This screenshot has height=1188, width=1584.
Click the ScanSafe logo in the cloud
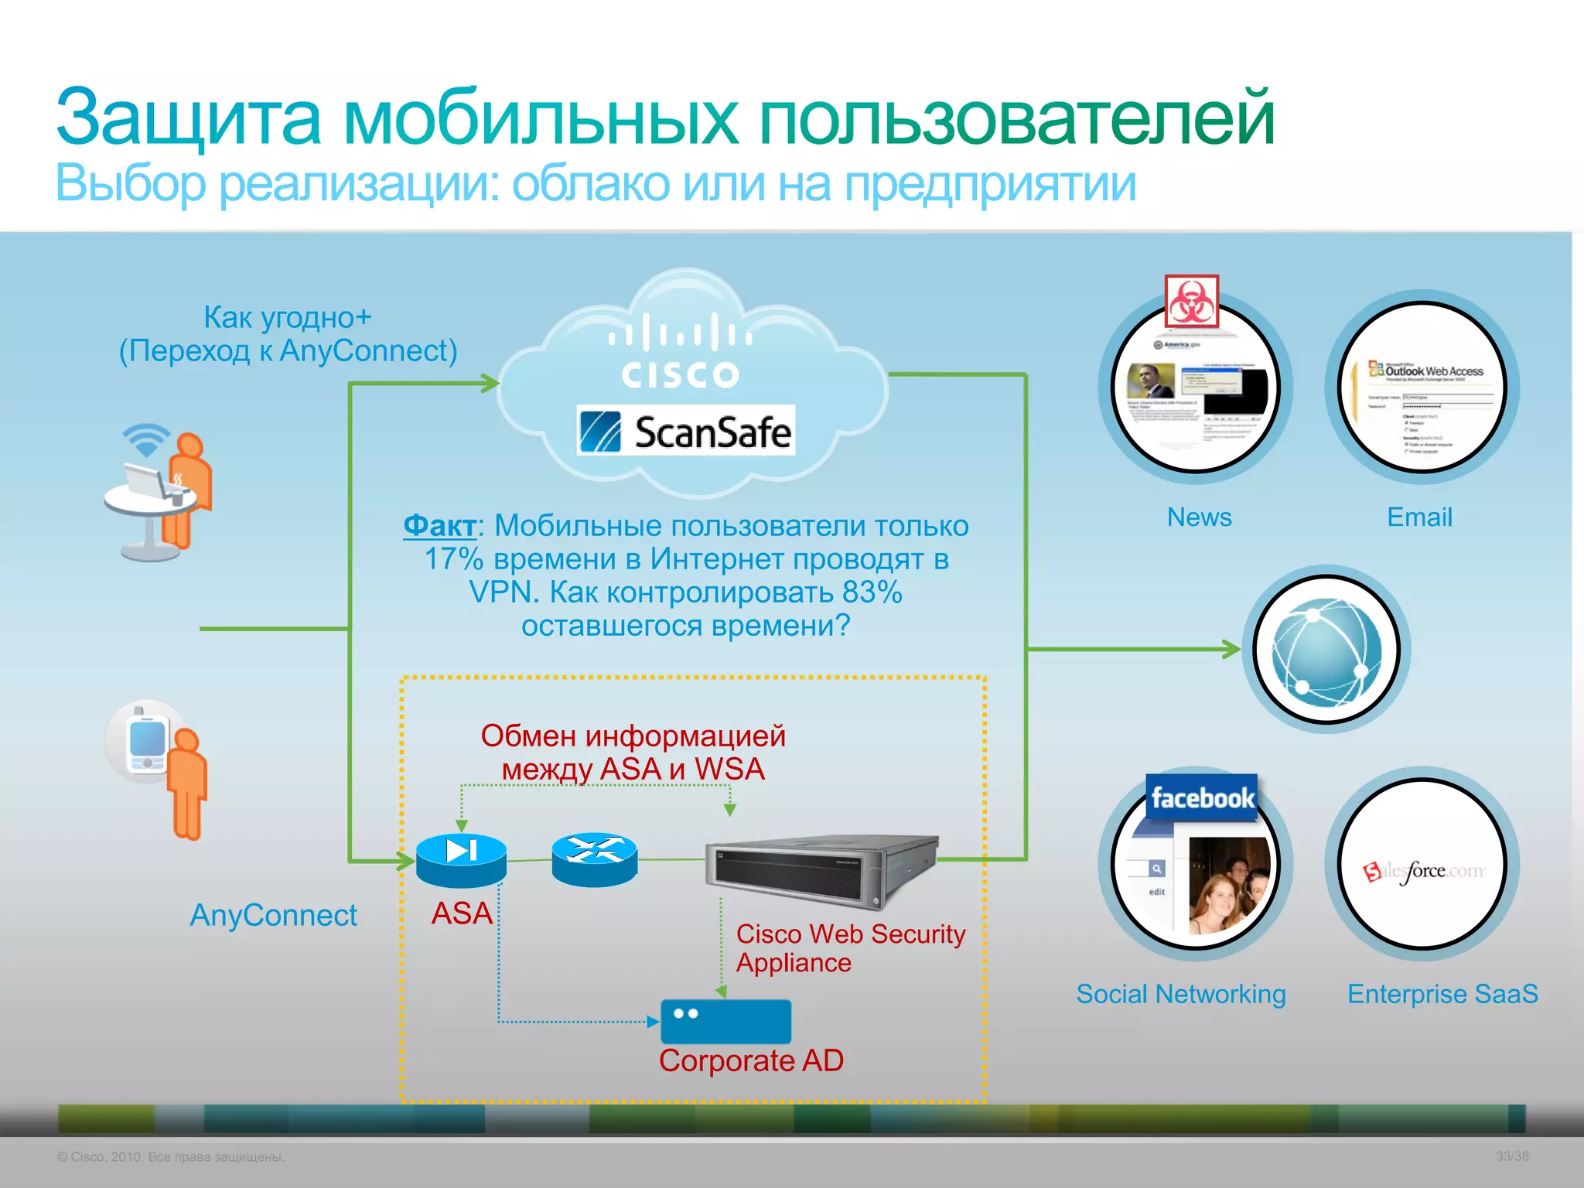pos(686,430)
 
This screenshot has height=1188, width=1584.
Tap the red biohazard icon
pos(1191,301)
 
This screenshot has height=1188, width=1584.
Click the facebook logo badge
pos(1201,797)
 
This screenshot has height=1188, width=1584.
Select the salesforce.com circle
pos(1422,865)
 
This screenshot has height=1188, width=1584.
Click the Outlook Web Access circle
pos(1422,387)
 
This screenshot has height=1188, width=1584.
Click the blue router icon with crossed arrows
pos(594,858)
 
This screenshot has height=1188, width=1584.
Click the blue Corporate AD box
pos(725,1021)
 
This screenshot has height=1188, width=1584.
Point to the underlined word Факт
pos(439,526)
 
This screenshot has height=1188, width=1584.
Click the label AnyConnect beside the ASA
pos(273,915)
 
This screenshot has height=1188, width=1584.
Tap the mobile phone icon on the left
pos(147,742)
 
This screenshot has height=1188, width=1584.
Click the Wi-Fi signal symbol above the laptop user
pos(145,439)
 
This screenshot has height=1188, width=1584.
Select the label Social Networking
pos(1180,994)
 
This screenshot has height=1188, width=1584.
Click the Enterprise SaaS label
pos(1442,994)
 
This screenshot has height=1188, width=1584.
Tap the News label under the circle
pos(1199,517)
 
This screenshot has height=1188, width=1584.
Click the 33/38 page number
pos(1511,1156)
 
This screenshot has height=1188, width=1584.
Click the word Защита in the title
pos(188,118)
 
